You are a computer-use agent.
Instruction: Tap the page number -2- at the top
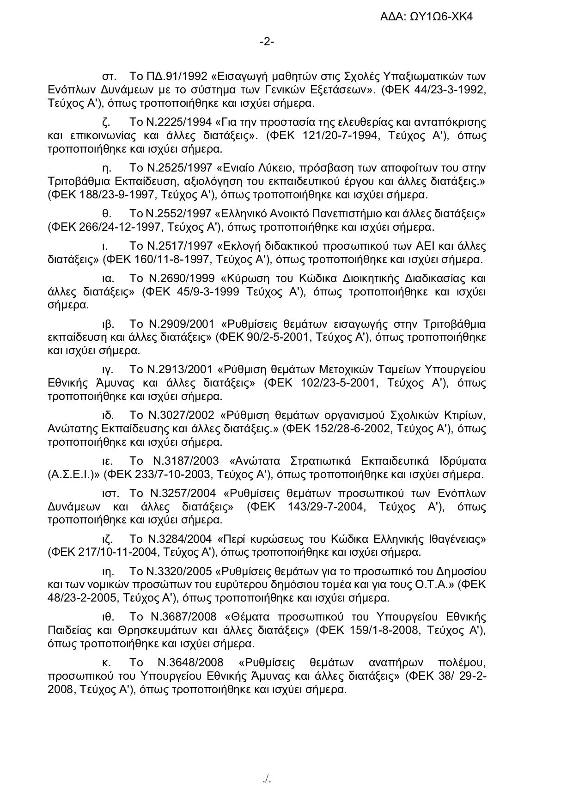[x=267, y=42]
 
